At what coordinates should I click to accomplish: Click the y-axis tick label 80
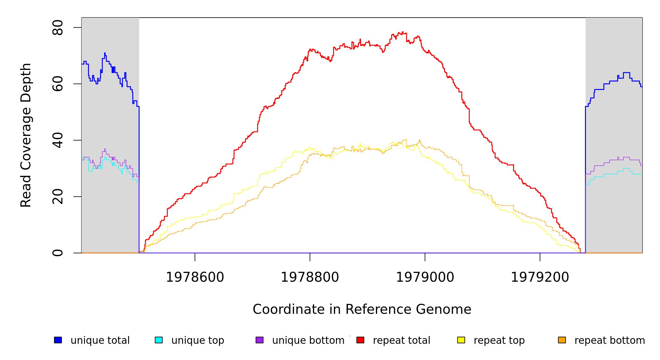click(x=57, y=28)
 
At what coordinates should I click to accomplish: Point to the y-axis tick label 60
click(x=57, y=84)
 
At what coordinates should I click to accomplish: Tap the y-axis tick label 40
click(x=57, y=140)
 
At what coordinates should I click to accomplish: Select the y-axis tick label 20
click(x=57, y=197)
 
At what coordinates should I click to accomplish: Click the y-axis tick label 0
click(x=57, y=253)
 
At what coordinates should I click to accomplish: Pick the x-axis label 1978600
click(x=195, y=277)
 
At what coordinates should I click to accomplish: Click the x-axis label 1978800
click(x=310, y=277)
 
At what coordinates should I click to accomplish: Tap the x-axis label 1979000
click(x=425, y=277)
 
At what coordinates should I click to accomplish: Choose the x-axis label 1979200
click(x=540, y=277)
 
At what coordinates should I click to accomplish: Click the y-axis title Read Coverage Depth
click(x=26, y=135)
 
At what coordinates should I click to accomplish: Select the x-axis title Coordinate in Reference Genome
click(x=362, y=309)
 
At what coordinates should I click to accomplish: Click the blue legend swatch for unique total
click(x=58, y=340)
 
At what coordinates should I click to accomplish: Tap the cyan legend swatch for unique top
click(x=159, y=340)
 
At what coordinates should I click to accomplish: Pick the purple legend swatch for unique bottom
click(x=259, y=340)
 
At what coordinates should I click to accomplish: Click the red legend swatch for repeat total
click(x=360, y=340)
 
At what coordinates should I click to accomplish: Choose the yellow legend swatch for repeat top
click(x=461, y=340)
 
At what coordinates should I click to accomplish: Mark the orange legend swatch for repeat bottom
click(x=562, y=340)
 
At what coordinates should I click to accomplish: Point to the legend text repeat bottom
click(x=610, y=340)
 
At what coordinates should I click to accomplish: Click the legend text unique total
click(x=100, y=340)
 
